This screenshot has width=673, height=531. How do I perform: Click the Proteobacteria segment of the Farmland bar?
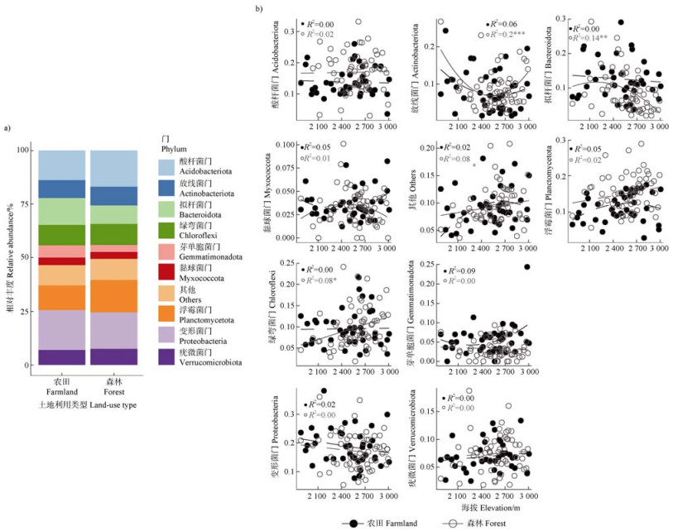[62, 329]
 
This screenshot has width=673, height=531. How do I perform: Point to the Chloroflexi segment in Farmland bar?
[62, 234]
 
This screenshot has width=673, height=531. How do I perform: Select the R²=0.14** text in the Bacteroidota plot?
[593, 38]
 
